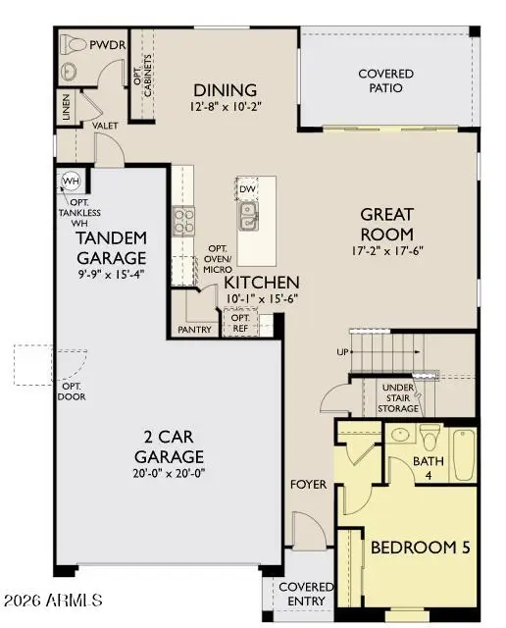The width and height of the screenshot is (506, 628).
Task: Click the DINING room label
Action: coord(225,89)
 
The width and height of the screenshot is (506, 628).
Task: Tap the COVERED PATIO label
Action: coord(385,80)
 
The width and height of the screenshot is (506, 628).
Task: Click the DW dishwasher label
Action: coord(247,189)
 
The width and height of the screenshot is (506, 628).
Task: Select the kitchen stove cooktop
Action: coord(183,222)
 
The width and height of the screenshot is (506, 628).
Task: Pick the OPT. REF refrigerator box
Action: coord(239,321)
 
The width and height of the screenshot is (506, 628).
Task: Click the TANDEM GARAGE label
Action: coord(112,247)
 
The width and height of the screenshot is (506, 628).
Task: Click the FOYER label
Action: coord(308,485)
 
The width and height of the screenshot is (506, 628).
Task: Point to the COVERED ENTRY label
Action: coord(307,594)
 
